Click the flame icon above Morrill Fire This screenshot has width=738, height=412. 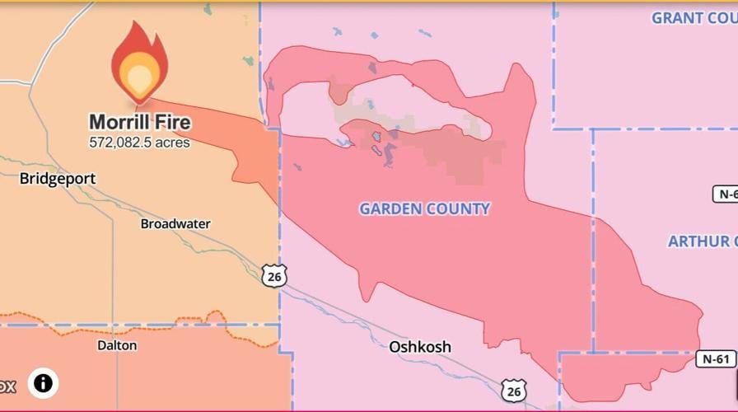pos(139,63)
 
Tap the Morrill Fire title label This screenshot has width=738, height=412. pos(140,123)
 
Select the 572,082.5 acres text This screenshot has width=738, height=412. pos(140,143)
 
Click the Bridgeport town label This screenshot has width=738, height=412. pos(58,178)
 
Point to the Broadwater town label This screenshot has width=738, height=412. pos(175,223)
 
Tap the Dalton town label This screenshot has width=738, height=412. pos(117,345)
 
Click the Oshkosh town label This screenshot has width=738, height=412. pos(420,346)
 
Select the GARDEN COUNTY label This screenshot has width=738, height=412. pos(424,208)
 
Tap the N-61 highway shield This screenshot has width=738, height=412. pos(716,358)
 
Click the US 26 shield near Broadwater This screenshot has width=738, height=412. pos(275,275)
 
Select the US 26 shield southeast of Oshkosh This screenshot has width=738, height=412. pos(513,391)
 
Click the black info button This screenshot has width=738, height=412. pos(43,383)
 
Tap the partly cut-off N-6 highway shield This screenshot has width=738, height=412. pos(725,194)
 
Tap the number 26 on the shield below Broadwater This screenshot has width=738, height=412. pos(275,277)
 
